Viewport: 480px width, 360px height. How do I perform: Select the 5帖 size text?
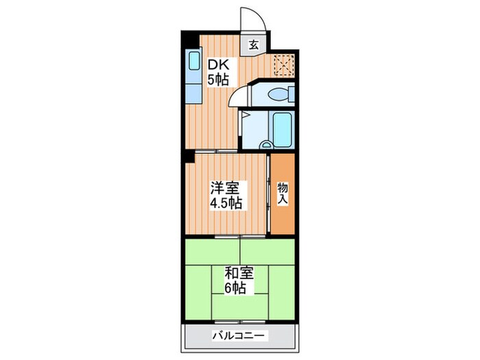click(219, 80)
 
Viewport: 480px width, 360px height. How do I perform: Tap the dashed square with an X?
click(283, 66)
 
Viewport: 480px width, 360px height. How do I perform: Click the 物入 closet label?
click(282, 194)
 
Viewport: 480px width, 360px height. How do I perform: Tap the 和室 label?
click(239, 273)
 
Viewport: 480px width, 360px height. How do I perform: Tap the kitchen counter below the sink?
click(193, 89)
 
